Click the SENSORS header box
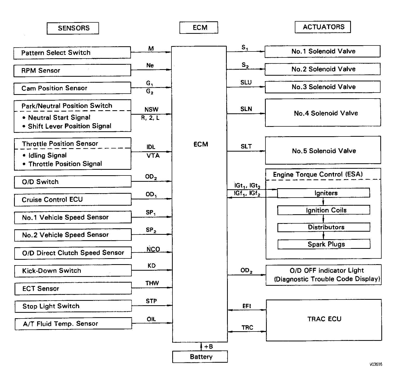point(73,28)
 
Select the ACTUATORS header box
point(323,27)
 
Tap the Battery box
point(200,357)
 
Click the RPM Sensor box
point(72,70)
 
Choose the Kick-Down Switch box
point(73,271)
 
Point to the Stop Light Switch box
point(73,306)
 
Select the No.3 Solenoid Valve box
point(323,87)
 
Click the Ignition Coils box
point(324,210)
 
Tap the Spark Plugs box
point(324,244)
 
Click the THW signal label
point(152,283)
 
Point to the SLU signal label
point(246,82)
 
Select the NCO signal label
point(153,249)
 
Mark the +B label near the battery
point(209,347)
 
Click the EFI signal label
point(247,306)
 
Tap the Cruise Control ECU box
point(73,200)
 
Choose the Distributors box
point(324,227)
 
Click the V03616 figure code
point(376,365)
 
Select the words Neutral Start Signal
point(59,118)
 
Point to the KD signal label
point(151,266)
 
